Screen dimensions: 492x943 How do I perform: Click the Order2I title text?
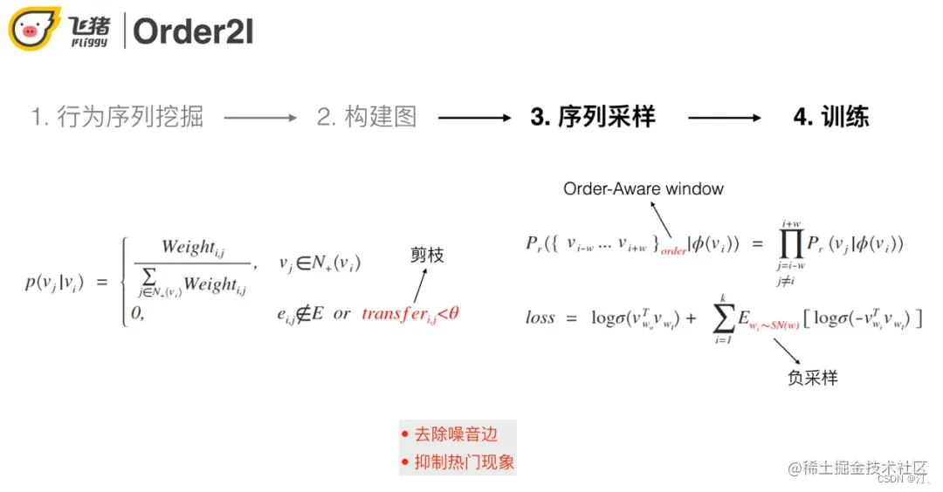click(193, 31)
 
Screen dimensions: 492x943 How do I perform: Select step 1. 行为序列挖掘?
click(117, 117)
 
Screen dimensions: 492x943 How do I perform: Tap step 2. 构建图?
click(367, 117)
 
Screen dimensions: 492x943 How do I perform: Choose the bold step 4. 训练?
click(830, 117)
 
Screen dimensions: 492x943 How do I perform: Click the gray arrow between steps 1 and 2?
click(260, 117)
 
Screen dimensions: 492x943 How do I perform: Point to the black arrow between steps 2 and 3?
click(474, 117)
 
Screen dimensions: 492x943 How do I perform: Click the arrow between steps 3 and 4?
click(724, 117)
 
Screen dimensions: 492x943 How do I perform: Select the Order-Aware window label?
click(644, 188)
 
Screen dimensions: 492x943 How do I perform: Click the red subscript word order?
click(673, 250)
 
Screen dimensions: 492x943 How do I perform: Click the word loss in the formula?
click(540, 318)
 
